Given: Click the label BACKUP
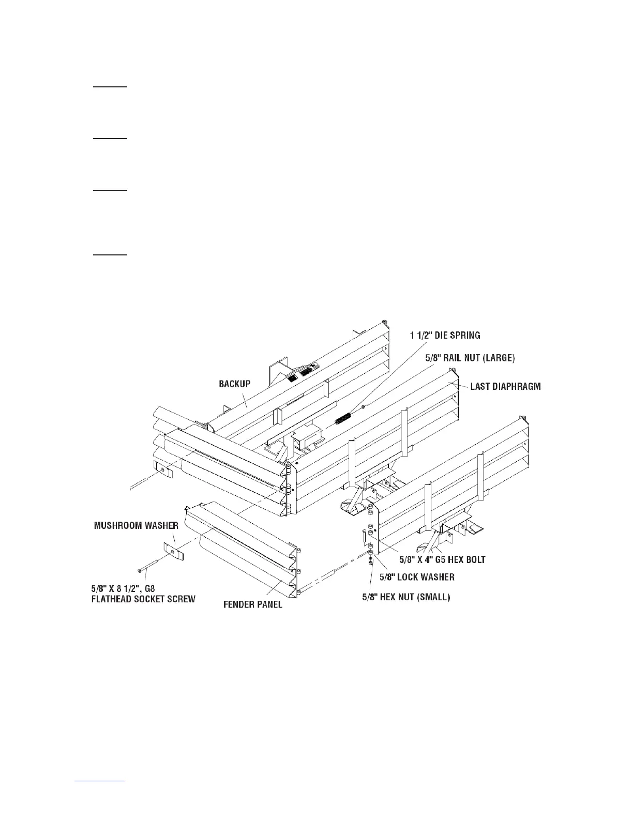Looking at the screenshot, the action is pyautogui.click(x=234, y=384).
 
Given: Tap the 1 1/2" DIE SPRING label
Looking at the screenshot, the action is pyautogui.click(x=445, y=336).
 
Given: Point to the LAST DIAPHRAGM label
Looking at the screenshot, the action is pyautogui.click(x=505, y=386).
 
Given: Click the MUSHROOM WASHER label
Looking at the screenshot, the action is pyautogui.click(x=136, y=525).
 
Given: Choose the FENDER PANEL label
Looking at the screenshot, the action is pyautogui.click(x=252, y=604).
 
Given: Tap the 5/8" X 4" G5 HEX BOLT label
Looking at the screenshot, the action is pyautogui.click(x=442, y=559).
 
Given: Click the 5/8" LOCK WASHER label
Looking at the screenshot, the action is pyautogui.click(x=417, y=577).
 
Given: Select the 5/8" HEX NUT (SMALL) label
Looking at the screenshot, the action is pyautogui.click(x=406, y=597).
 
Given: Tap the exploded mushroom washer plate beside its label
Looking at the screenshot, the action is pyautogui.click(x=173, y=551).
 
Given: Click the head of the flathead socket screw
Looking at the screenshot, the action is pyautogui.click(x=140, y=570).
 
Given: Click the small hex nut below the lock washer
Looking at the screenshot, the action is pyautogui.click(x=371, y=564).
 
